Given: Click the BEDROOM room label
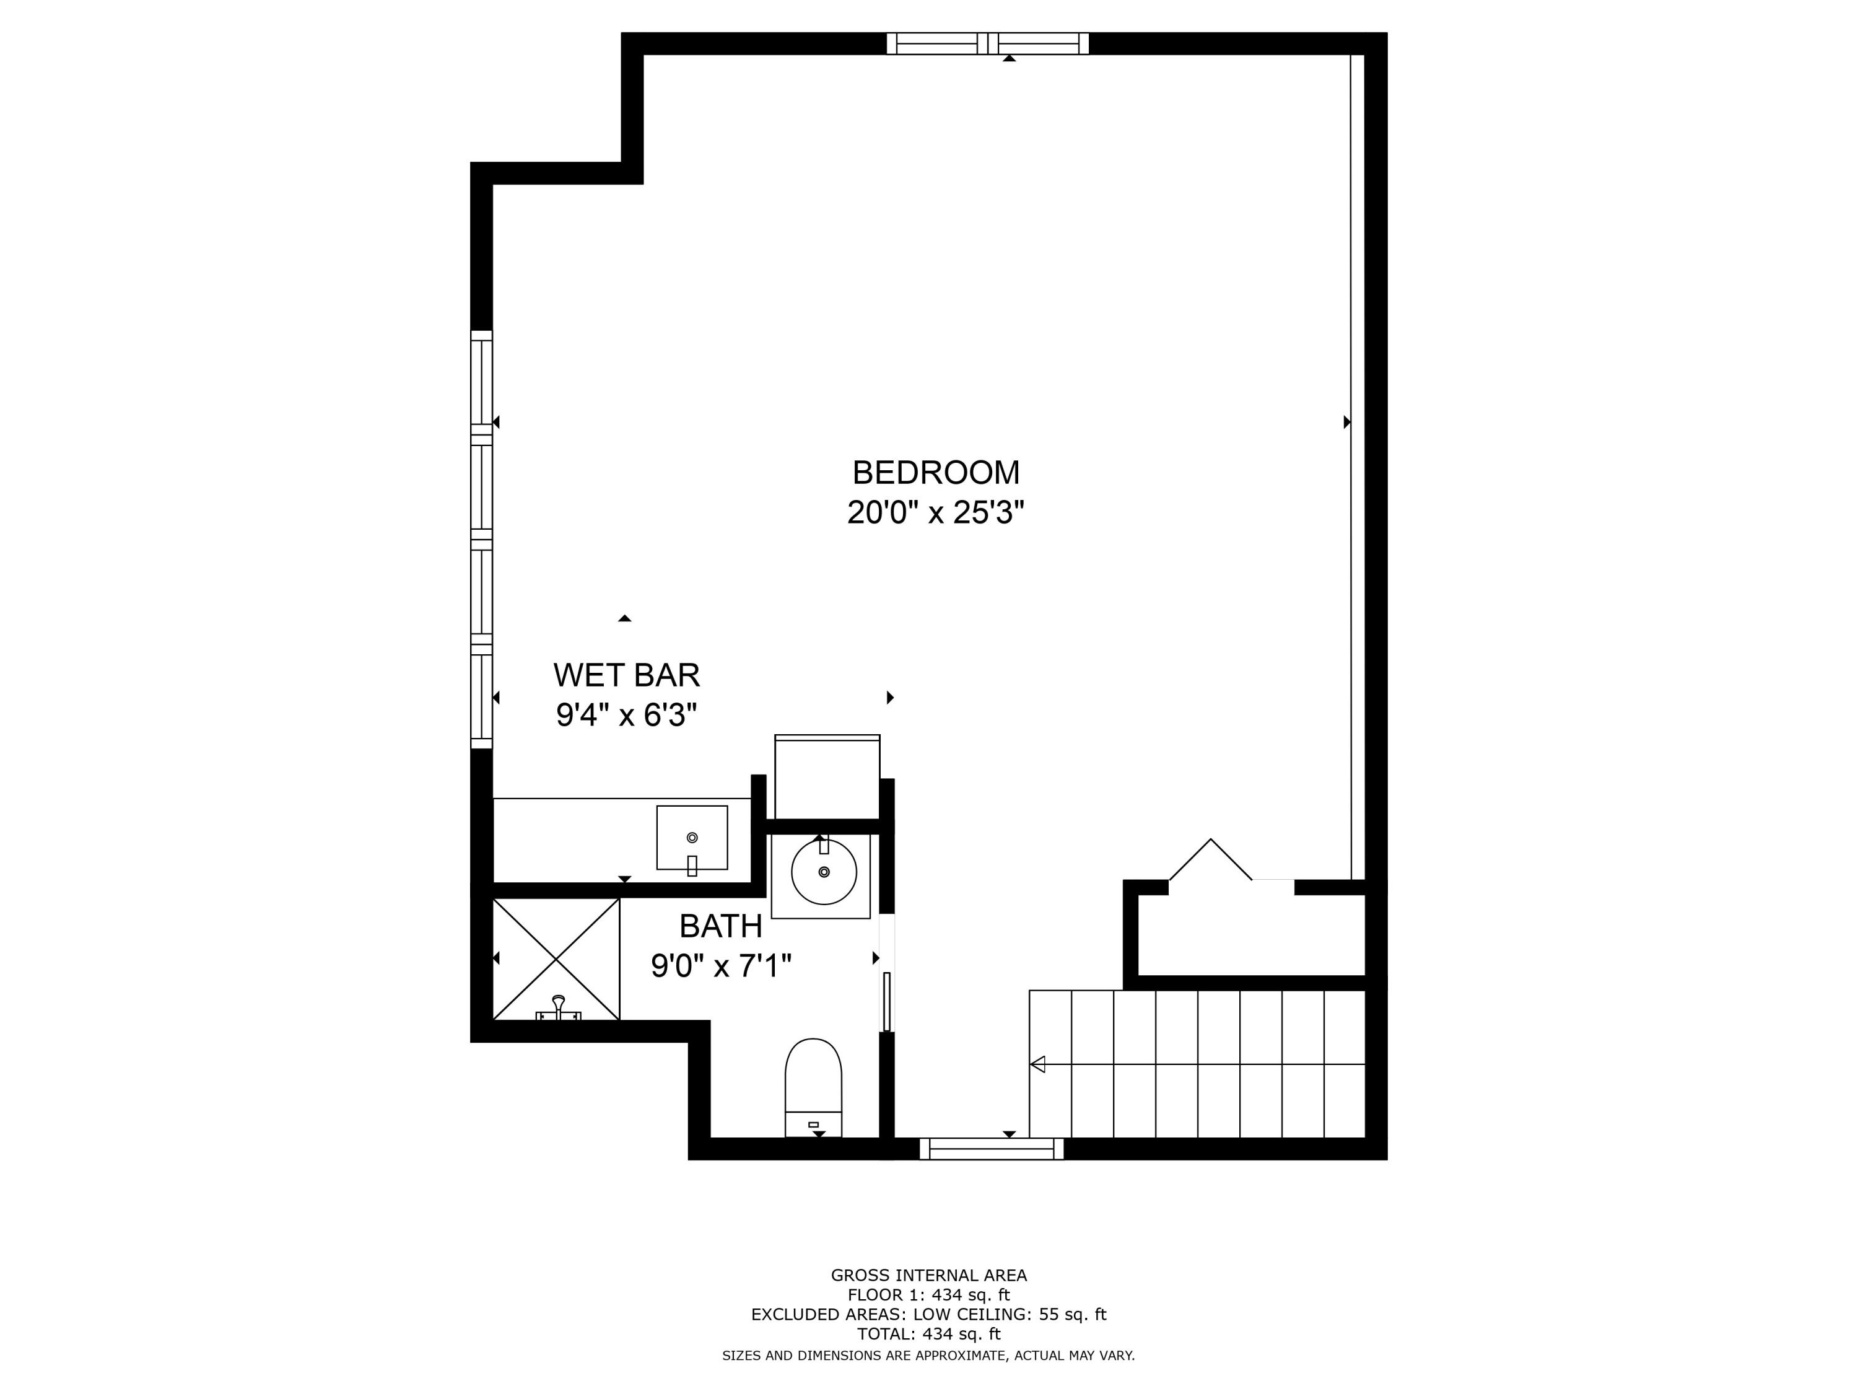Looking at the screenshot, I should (x=936, y=473).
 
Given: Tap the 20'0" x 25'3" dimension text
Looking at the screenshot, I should (x=936, y=512).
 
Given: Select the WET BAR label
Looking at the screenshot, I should (x=627, y=675).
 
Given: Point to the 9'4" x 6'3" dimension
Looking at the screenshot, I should (x=627, y=715).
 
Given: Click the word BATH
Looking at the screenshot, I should (x=721, y=927).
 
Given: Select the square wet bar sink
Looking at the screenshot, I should (x=692, y=838).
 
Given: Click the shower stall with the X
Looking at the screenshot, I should (x=556, y=958).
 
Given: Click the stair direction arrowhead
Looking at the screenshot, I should (x=1038, y=1064).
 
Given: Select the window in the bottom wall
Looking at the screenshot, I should (x=991, y=1149).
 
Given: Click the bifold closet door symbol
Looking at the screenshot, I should (x=1210, y=861).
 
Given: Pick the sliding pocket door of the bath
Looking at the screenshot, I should (x=886, y=1001).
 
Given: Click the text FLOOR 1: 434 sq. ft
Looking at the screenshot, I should (x=928, y=1295).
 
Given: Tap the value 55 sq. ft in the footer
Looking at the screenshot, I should (x=1073, y=1314).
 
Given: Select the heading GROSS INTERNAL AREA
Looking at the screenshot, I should (x=928, y=1276).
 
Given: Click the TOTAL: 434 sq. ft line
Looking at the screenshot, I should (x=928, y=1333).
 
